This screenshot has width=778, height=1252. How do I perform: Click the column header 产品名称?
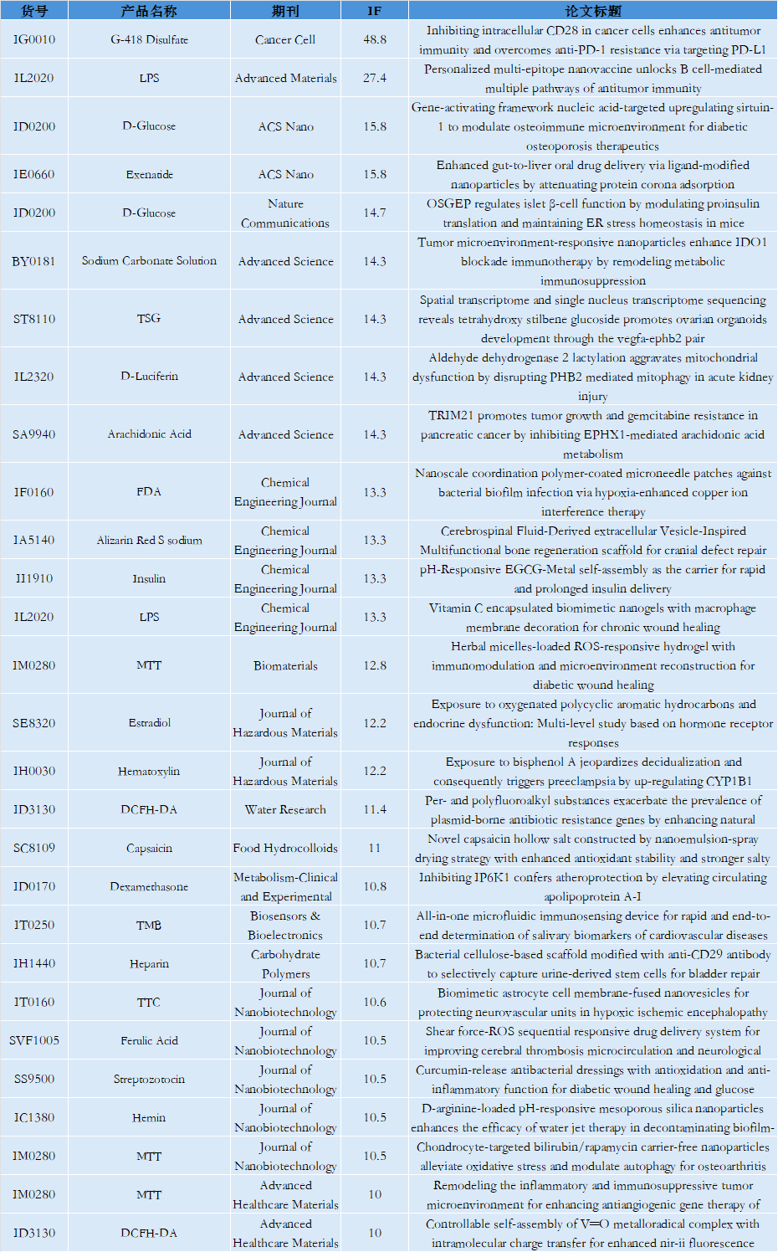[149, 11]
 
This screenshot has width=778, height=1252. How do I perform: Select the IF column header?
[374, 11]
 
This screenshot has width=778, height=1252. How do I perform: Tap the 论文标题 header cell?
[592, 11]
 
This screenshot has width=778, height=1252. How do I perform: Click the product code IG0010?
[34, 39]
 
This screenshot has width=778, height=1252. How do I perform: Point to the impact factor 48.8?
[374, 39]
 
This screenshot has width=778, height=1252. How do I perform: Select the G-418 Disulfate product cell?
[149, 39]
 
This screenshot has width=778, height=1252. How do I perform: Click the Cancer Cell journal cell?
[285, 39]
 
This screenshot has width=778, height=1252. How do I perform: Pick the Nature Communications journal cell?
[285, 213]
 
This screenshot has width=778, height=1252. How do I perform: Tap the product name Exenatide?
[149, 174]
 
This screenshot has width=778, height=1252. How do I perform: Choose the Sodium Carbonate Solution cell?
[149, 261]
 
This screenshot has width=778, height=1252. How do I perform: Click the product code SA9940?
[34, 434]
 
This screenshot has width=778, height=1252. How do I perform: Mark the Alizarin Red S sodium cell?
[149, 540]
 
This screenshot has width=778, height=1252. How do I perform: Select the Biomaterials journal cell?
[285, 665]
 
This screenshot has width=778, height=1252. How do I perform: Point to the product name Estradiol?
[149, 722]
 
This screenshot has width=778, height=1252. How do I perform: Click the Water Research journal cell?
[285, 809]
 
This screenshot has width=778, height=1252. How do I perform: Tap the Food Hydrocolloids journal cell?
[285, 848]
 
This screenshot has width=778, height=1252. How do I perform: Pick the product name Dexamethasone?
[149, 886]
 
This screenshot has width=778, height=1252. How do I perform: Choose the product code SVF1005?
[34, 1040]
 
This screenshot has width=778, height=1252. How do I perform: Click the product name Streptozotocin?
[149, 1079]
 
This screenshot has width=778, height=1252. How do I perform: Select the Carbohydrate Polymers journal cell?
[285, 964]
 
